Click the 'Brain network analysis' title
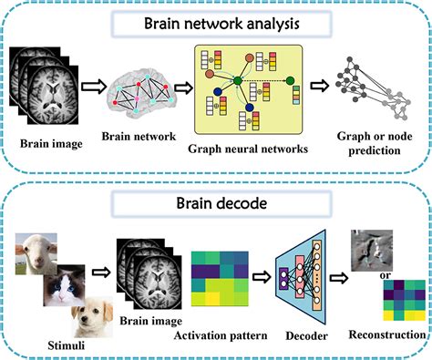click(x=215, y=23)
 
